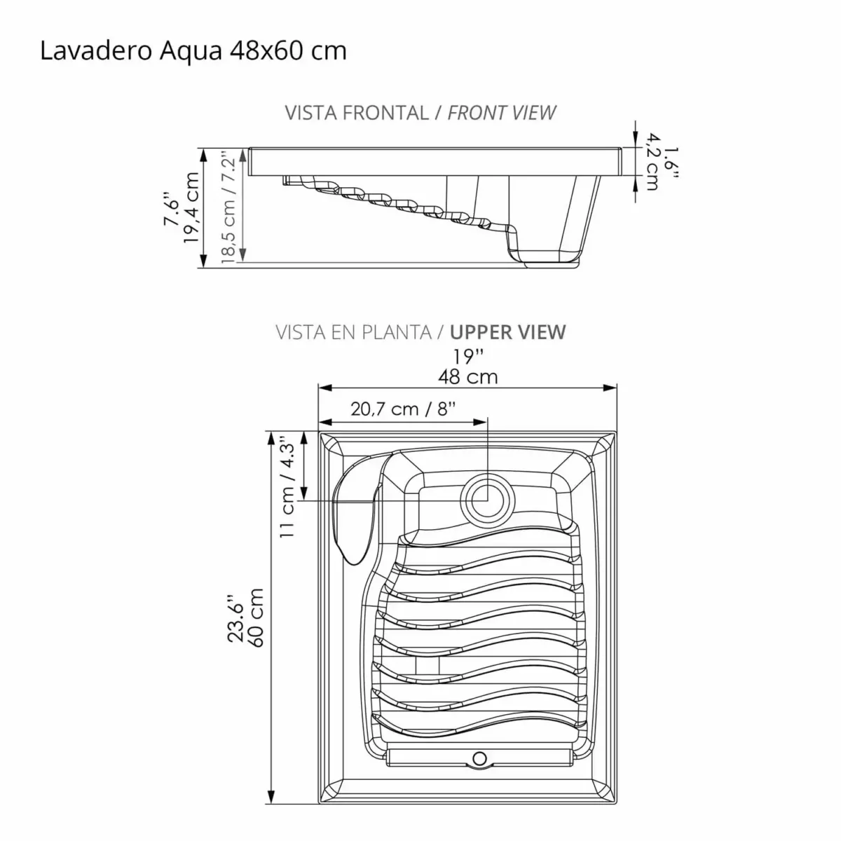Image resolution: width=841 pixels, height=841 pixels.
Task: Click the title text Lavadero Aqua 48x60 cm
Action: point(193,51)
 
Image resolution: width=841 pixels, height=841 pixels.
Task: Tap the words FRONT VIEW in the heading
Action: point(502,113)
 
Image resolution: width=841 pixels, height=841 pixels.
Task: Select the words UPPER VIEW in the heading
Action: point(508,331)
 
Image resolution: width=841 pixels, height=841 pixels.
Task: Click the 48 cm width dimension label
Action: point(468,377)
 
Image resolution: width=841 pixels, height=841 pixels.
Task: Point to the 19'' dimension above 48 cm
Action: point(468,355)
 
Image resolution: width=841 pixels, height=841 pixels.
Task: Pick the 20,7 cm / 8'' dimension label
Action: point(403,409)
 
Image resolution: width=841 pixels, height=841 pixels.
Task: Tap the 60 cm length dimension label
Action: point(255,617)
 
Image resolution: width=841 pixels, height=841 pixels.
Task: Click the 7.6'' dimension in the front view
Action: point(172,209)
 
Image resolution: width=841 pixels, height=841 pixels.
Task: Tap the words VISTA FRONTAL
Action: point(357,113)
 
